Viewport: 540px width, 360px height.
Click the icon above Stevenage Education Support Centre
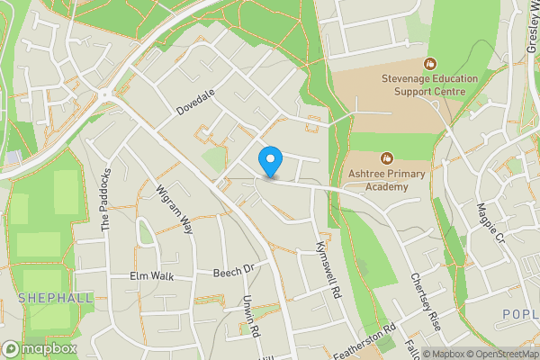pyautogui.click(x=429, y=63)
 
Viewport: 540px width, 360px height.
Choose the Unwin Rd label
pyautogui.click(x=249, y=318)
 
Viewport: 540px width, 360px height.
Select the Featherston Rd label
pyautogui.click(x=364, y=341)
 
